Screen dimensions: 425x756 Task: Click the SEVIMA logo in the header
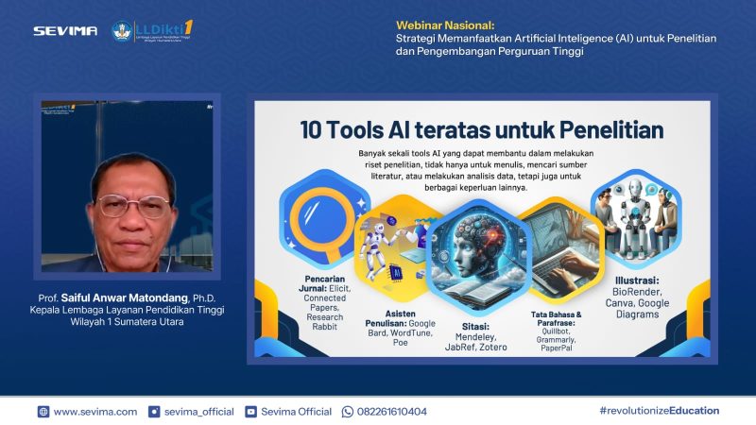[x=65, y=30]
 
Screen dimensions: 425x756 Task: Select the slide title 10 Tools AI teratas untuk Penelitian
[x=482, y=129]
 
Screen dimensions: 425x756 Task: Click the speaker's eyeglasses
[x=132, y=204]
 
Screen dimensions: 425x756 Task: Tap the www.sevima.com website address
[x=94, y=412]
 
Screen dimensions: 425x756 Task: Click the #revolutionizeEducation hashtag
[x=659, y=411]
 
